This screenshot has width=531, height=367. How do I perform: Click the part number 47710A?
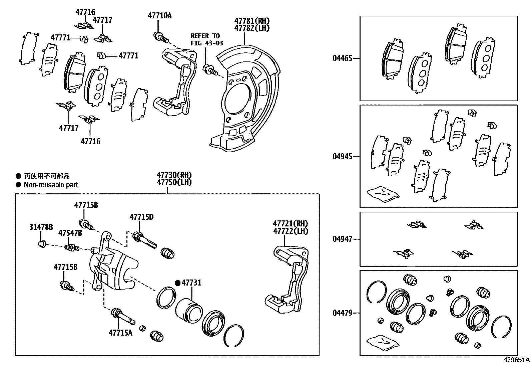(159, 15)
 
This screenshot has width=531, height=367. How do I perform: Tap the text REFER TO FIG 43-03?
(207, 39)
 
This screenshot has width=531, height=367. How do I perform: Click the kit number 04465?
(342, 58)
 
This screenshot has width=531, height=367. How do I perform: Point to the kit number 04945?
(342, 156)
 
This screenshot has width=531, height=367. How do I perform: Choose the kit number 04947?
(342, 239)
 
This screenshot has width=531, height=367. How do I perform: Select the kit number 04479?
(342, 313)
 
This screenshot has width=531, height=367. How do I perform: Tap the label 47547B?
(70, 233)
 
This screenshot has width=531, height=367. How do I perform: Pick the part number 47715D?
(141, 217)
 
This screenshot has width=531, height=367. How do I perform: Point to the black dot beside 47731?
(178, 283)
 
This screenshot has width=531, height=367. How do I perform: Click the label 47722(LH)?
(291, 231)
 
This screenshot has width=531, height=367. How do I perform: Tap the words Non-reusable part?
(51, 185)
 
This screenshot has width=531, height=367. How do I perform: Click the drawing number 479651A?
(516, 360)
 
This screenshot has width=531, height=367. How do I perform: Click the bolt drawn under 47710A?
(160, 37)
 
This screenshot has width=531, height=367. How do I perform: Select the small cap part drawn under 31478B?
(42, 244)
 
